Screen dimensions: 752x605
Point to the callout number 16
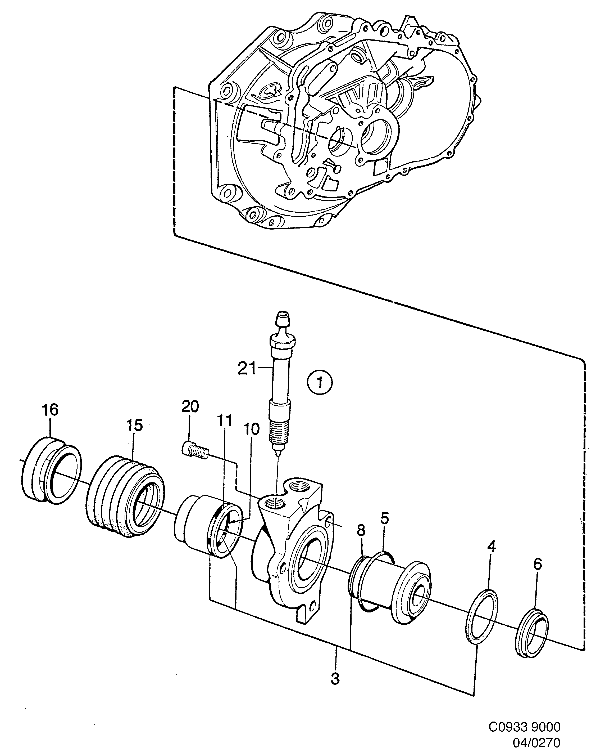pyautogui.click(x=50, y=410)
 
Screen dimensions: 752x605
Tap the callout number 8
pyautogui.click(x=361, y=531)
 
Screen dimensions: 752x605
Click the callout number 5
pyautogui.click(x=384, y=519)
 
